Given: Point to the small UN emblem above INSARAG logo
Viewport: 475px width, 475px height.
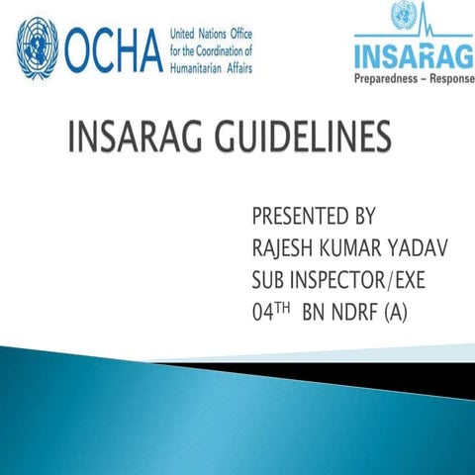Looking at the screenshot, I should [x=403, y=15].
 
